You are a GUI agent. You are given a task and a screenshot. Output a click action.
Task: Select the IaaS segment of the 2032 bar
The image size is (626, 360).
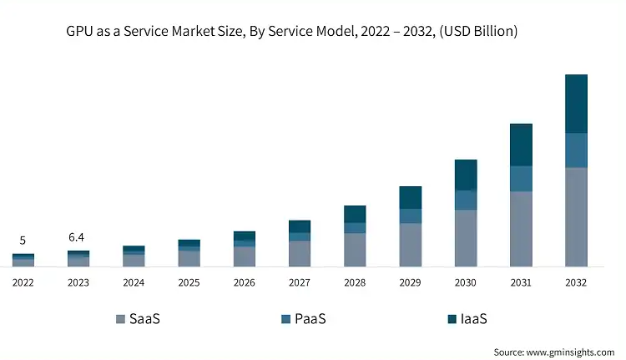click(576, 104)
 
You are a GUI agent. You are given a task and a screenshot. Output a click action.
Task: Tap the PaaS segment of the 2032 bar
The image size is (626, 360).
click(576, 150)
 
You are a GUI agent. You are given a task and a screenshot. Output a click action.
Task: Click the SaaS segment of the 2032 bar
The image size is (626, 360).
click(576, 217)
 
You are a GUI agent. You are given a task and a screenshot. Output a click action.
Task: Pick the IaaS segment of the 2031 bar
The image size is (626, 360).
click(521, 145)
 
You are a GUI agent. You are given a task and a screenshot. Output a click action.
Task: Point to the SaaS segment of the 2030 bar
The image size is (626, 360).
click(466, 238)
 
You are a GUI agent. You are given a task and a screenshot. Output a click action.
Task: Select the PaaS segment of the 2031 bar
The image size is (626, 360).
click(521, 179)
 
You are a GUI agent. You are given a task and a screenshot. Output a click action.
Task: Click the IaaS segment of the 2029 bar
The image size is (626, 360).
click(411, 197)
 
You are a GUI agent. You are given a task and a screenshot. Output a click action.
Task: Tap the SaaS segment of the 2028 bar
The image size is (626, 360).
click(356, 250)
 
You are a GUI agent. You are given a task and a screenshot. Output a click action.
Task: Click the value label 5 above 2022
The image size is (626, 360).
click(23, 241)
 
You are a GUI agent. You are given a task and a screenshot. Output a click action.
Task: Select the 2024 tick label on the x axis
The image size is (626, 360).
click(134, 283)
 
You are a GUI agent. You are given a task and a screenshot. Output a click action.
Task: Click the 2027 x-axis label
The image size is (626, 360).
click(300, 283)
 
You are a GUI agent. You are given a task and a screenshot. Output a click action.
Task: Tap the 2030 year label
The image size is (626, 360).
click(466, 283)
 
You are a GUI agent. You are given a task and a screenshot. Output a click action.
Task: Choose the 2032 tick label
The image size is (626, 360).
click(576, 283)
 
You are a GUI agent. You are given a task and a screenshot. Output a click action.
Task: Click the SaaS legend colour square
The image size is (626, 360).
click(122, 319)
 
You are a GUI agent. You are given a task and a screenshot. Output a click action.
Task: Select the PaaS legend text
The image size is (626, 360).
click(310, 319)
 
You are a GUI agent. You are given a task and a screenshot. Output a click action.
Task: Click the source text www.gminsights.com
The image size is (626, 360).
click(576, 352)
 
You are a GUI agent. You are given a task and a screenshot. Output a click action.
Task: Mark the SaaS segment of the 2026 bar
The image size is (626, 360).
click(245, 256)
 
